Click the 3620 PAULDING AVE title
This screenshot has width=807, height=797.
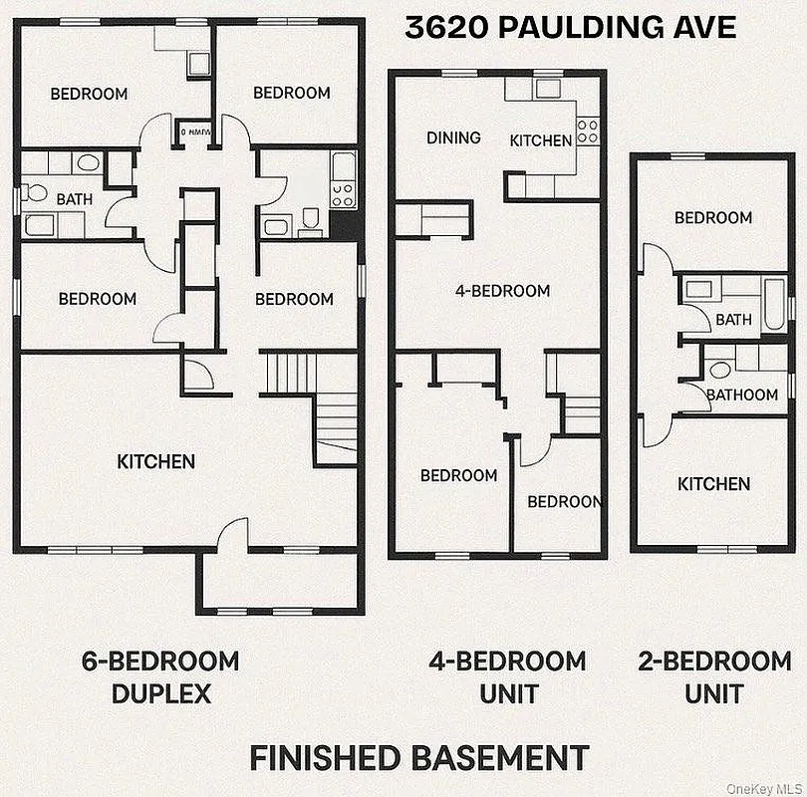(x=571, y=27)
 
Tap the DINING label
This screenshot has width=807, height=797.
(x=453, y=137)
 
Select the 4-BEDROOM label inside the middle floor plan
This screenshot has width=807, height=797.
(x=502, y=291)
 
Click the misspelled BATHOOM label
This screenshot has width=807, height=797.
(x=741, y=395)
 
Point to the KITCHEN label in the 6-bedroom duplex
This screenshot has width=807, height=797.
(x=155, y=461)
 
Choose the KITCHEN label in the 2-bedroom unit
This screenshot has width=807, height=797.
(x=713, y=484)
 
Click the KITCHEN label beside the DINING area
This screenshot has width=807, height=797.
(x=540, y=140)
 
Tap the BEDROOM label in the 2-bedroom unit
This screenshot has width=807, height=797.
(x=712, y=218)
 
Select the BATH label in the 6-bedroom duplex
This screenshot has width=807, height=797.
(x=74, y=199)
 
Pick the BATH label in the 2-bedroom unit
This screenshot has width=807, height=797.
(x=733, y=320)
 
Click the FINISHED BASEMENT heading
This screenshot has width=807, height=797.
(x=418, y=757)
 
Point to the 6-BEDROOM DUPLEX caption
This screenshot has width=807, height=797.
(x=160, y=676)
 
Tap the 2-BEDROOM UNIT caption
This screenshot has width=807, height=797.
(x=713, y=676)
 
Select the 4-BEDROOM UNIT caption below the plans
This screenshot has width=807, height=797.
(x=507, y=676)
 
